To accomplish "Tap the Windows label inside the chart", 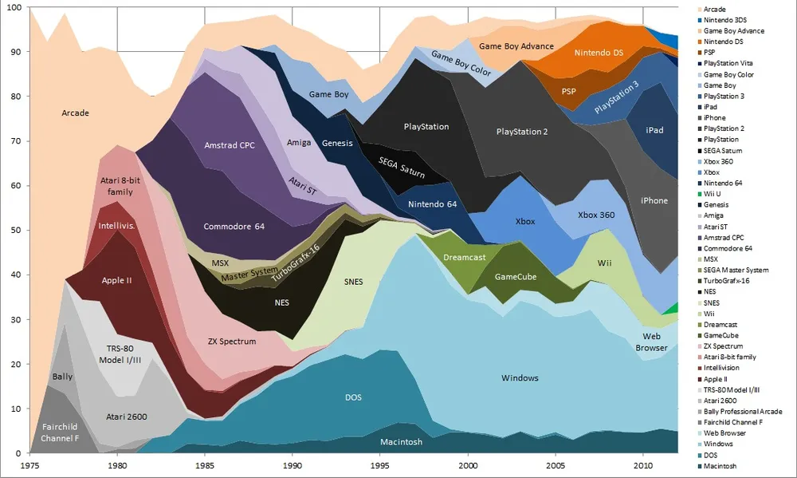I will click(520, 377).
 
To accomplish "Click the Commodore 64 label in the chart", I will click(234, 227).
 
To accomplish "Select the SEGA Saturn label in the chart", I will click(401, 167).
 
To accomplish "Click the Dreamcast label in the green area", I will click(464, 258).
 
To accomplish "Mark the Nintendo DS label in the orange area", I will click(599, 53).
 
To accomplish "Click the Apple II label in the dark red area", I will click(117, 280).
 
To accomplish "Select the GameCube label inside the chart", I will click(516, 277).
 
